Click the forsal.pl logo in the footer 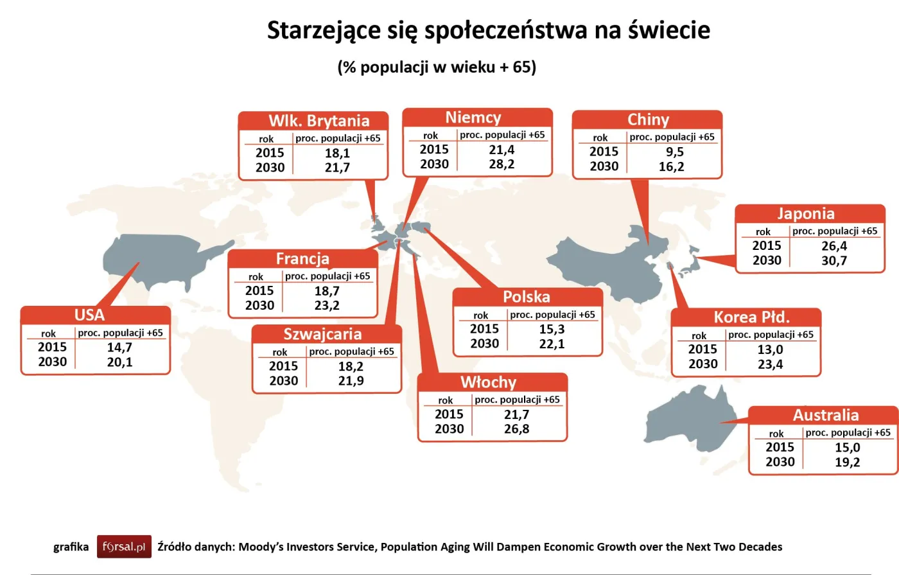click(x=124, y=547)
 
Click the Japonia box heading click(x=805, y=214)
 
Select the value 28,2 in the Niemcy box click(x=502, y=164)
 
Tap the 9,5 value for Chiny click(x=674, y=152)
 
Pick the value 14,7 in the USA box click(x=119, y=348)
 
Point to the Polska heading click(x=526, y=297)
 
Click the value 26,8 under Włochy click(x=516, y=429)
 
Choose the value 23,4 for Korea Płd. click(x=770, y=365)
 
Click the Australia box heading click(x=825, y=415)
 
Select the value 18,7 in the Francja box click(x=327, y=291)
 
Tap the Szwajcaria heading click(x=322, y=334)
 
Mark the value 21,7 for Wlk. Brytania click(x=337, y=168)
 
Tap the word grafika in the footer click(x=71, y=547)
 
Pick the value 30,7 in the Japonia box click(x=834, y=261)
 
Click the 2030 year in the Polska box click(x=484, y=344)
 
